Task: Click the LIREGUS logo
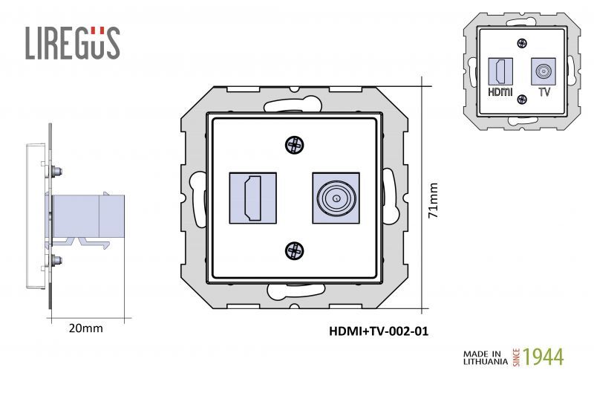72,43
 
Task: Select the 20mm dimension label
85,328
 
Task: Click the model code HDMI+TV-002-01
379,331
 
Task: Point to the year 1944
544,357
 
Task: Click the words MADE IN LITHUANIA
485,357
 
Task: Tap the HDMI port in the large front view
252,198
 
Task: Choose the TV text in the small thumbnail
544,93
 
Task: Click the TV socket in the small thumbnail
544,72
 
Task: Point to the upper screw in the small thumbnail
523,45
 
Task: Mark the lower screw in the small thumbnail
523,99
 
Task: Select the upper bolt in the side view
56,170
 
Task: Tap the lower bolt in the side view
56,261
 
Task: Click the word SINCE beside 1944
517,357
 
